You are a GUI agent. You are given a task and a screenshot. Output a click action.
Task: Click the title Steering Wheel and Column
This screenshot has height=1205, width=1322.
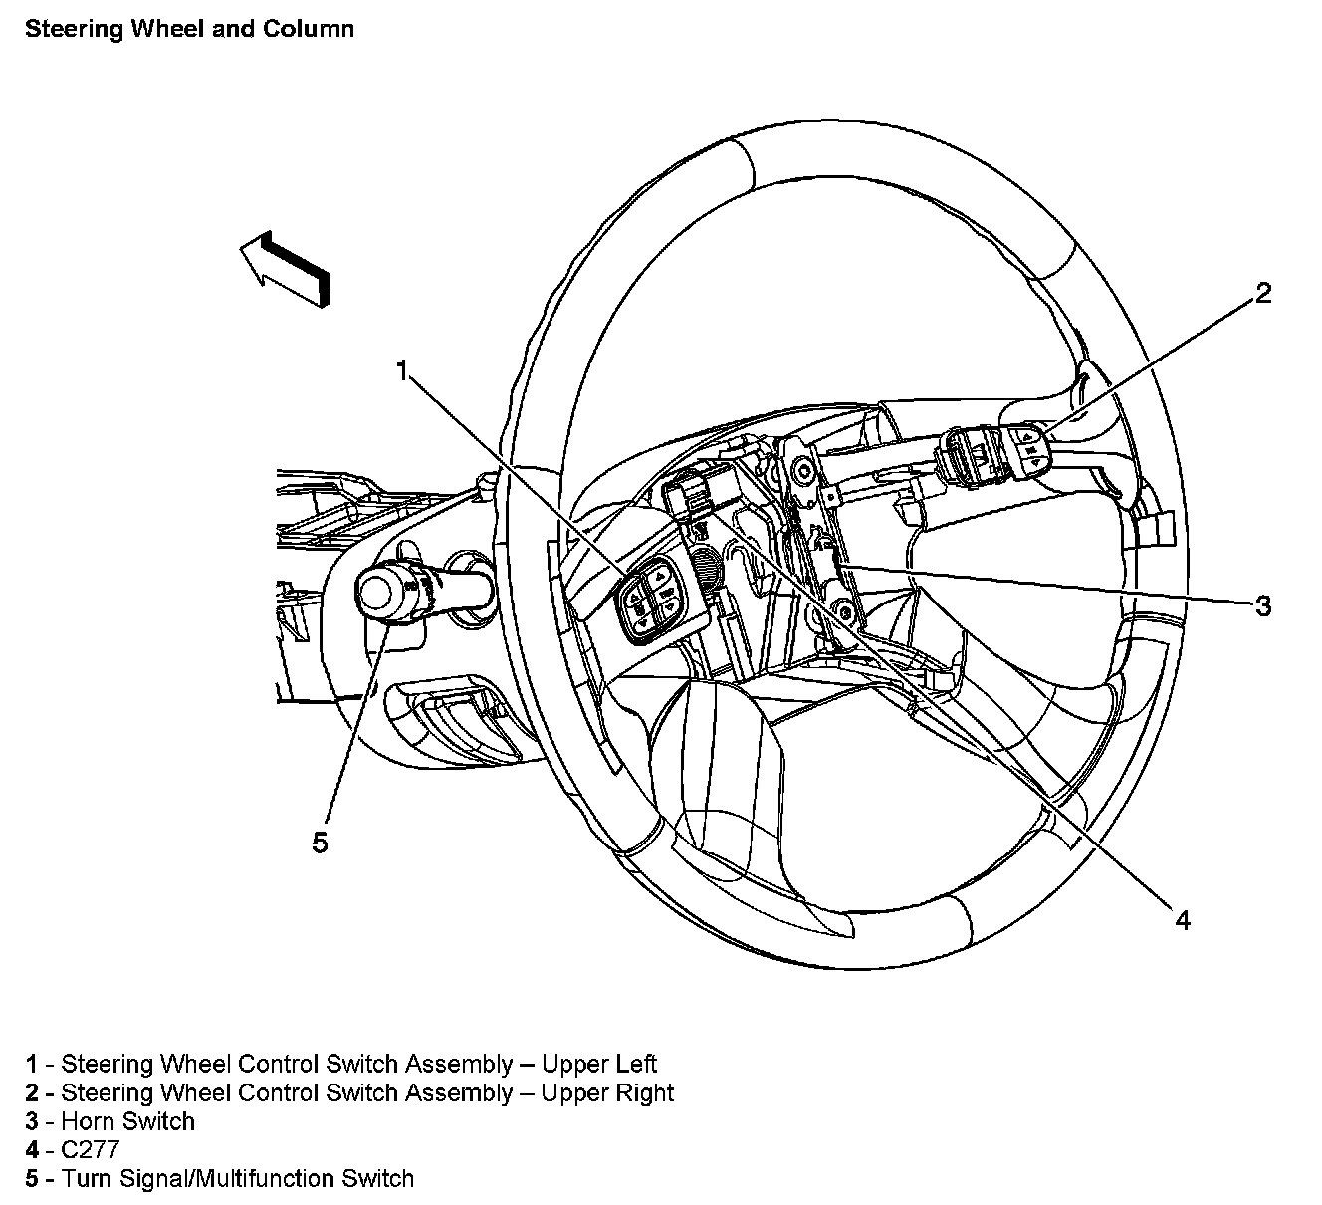(190, 30)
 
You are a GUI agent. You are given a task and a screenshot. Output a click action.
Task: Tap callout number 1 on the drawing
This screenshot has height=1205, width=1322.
(403, 371)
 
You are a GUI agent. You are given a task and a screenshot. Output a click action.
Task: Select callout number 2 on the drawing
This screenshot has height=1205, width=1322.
(1262, 293)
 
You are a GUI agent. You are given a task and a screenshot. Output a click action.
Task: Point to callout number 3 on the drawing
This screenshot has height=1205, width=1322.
(1262, 605)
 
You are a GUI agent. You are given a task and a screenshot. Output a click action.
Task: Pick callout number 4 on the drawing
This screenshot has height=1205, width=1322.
(1183, 921)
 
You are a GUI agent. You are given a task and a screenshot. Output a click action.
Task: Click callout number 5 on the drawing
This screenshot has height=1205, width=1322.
(320, 843)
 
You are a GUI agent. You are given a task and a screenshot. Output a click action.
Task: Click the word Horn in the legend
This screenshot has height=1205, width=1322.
(89, 1121)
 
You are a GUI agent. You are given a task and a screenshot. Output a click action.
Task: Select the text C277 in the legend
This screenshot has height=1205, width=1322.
(91, 1149)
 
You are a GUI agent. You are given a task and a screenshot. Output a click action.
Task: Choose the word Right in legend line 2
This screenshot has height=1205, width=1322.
(644, 1092)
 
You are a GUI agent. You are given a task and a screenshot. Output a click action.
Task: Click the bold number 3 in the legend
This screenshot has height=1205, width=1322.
(32, 1121)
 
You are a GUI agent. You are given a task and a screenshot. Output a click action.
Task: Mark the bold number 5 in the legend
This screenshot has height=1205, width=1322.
(32, 1179)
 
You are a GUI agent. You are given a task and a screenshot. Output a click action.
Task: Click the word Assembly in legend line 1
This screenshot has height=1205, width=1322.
(459, 1065)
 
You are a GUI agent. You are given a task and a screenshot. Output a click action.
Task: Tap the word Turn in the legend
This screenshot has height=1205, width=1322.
(88, 1179)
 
